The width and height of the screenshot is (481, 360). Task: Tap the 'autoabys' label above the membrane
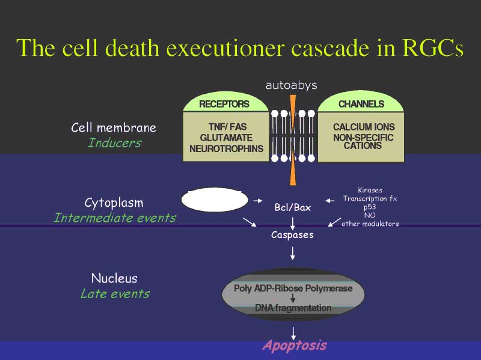(292, 85)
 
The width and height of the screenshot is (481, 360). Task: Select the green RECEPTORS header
(224, 104)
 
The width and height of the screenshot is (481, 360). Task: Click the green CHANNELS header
(361, 104)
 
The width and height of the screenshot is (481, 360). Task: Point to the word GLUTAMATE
(227, 138)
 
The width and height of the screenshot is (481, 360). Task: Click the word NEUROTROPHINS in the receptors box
(227, 148)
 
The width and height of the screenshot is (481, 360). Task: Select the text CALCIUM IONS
(364, 127)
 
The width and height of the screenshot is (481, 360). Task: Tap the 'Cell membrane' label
(114, 127)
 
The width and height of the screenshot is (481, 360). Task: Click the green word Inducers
(115, 143)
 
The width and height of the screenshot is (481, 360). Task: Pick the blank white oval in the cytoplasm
(215, 200)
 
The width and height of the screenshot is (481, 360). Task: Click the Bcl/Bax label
(293, 207)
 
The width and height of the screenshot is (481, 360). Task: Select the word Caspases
(292, 235)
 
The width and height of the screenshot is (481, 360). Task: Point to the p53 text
(370, 207)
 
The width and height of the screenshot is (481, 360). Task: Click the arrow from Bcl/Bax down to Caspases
(293, 224)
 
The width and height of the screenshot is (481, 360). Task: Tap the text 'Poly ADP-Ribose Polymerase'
(293, 288)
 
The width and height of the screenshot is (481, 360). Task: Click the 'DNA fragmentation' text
(293, 308)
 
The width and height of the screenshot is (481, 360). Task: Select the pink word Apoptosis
(295, 346)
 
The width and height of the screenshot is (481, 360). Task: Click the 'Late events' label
(115, 294)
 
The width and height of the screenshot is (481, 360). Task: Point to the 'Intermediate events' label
(115, 218)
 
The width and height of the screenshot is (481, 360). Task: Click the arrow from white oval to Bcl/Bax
(258, 201)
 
